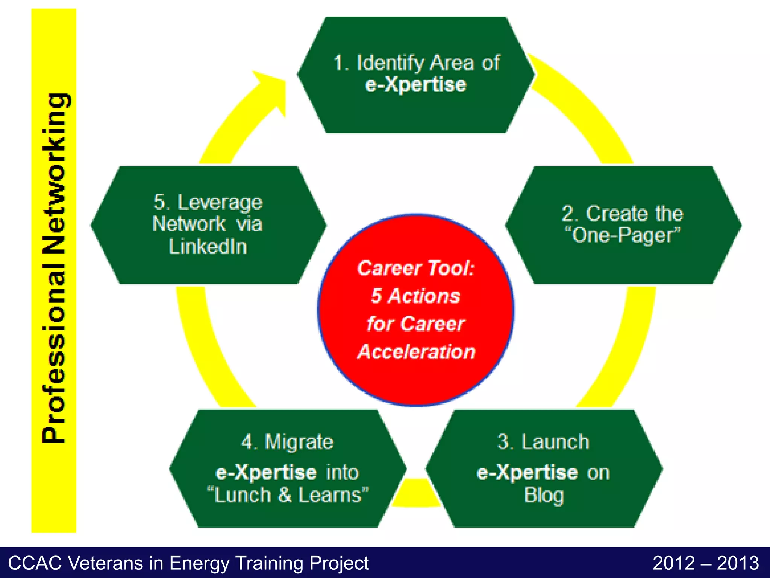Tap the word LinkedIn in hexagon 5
pyautogui.click(x=208, y=247)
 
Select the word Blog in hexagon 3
pyautogui.click(x=544, y=495)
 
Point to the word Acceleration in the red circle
pyautogui.click(x=417, y=352)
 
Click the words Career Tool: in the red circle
pyautogui.click(x=416, y=268)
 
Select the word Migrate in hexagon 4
pyautogui.click(x=299, y=442)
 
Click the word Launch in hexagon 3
pyautogui.click(x=555, y=442)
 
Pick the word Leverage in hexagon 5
pyautogui.click(x=220, y=202)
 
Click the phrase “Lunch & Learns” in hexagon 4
pyautogui.click(x=288, y=495)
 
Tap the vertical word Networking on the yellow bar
pyautogui.click(x=55, y=173)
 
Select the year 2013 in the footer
pyautogui.click(x=738, y=563)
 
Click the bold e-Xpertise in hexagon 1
pyautogui.click(x=416, y=85)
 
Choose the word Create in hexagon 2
pyautogui.click(x=617, y=214)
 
